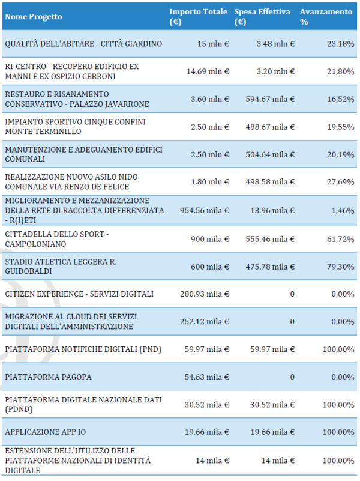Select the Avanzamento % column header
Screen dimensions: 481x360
pos(325,17)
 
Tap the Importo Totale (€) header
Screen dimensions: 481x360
pos(198,17)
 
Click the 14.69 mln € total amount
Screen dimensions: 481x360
pos(208,71)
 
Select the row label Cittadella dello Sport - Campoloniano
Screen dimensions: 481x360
pos(58,239)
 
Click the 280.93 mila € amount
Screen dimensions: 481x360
pos(204,294)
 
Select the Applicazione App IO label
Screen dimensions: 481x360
pos(44,432)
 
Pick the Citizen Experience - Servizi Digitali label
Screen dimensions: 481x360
pos(79,294)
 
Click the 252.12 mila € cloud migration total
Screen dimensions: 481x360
pos(204,321)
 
